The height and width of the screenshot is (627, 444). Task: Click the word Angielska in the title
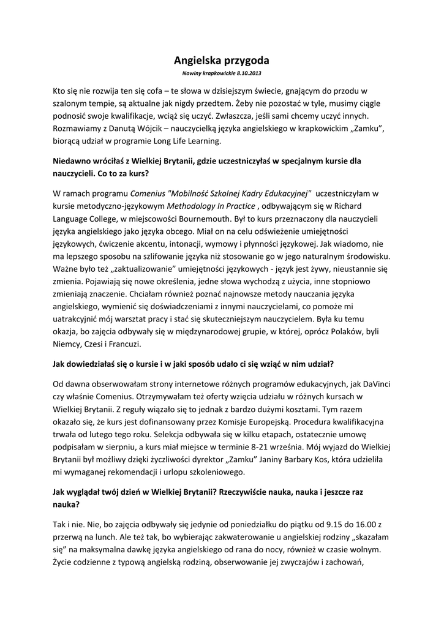197,61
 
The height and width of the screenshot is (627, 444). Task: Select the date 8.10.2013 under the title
248,73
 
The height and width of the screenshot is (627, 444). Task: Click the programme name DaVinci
374,383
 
